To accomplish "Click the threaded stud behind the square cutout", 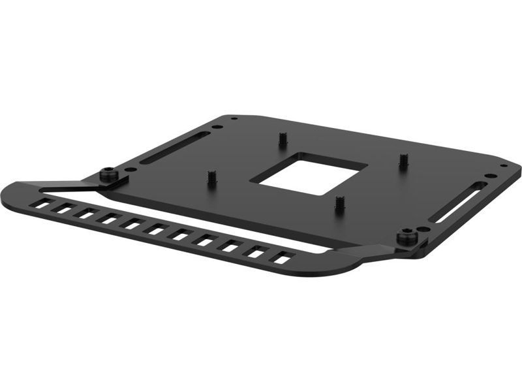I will [x=283, y=139].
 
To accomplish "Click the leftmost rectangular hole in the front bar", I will [x=42, y=204].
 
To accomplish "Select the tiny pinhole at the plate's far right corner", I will [x=502, y=167].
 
